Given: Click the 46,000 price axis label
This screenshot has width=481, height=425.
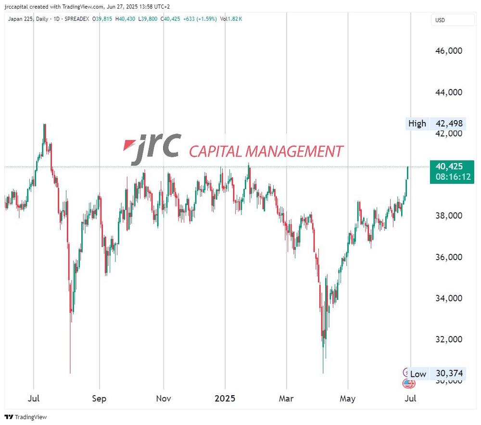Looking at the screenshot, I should [449, 50].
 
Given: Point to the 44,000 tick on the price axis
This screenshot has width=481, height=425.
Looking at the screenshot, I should [449, 92].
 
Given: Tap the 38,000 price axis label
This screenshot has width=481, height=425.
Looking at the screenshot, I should [449, 215].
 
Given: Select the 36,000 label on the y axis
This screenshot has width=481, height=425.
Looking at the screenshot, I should [449, 257].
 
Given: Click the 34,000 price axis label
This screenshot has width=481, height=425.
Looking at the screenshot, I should [449, 298].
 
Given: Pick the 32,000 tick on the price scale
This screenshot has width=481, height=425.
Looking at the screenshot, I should [449, 339].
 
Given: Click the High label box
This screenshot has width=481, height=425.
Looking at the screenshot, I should [417, 124].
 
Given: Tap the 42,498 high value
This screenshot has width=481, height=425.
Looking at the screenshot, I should [449, 124].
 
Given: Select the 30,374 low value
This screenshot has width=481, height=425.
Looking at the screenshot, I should [449, 374].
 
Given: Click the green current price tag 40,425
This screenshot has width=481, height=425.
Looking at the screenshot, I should [449, 167].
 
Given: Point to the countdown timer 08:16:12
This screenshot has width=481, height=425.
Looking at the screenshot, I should [452, 177].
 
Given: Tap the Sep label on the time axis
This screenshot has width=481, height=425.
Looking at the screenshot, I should [99, 399].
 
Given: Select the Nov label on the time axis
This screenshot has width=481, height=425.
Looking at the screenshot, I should [164, 399].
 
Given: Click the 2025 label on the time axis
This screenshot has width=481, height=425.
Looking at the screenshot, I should [225, 399].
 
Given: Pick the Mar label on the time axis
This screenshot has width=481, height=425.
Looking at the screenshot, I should [286, 399].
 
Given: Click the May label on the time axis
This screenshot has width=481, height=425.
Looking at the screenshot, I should [347, 399].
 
